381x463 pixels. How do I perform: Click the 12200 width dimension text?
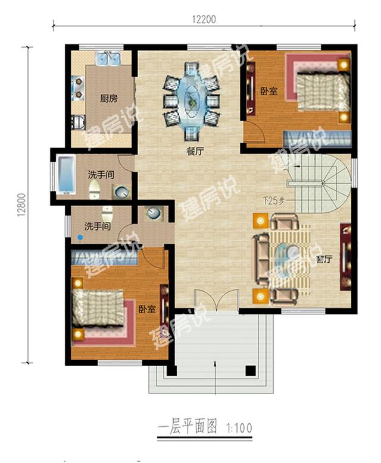click(204, 20)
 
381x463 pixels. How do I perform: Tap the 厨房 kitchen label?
click(108, 98)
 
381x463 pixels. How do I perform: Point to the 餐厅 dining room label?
click(195, 152)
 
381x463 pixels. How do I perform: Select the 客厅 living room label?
click(324, 260)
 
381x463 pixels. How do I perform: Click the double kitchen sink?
click(108, 58)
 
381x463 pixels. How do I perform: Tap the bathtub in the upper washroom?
click(65, 175)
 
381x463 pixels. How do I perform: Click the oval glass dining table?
click(192, 100)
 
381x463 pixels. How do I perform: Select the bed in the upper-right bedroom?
click(323, 91)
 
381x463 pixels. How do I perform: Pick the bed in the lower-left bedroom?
click(98, 308)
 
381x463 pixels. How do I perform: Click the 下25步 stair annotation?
click(274, 201)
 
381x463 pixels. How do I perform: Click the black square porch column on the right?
click(251, 371)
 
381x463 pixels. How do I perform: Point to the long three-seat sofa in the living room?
click(260, 260)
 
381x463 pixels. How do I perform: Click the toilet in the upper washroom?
click(95, 189)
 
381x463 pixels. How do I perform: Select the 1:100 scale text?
click(239, 428)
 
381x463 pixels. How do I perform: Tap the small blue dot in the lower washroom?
click(80, 237)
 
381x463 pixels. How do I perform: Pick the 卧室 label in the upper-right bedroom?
click(268, 92)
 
